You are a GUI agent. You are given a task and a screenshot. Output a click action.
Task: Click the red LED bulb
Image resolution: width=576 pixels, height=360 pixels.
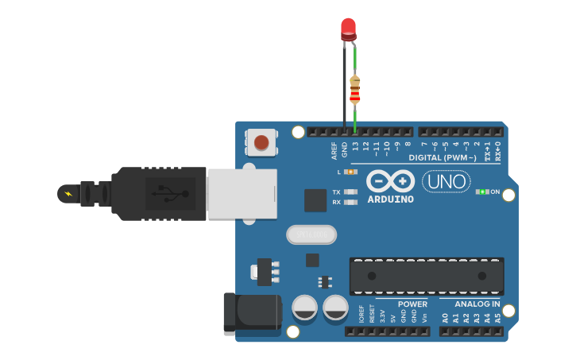coord(348,28)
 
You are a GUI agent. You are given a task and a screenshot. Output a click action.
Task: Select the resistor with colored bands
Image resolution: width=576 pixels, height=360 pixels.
coord(354,89)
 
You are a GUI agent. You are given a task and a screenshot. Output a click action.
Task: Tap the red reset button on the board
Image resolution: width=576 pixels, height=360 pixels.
coord(261,143)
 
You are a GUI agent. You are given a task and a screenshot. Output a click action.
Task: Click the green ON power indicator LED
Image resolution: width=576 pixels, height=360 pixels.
coord(481,192)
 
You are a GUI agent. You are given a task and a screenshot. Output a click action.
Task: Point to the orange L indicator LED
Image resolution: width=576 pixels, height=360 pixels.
coord(350,172)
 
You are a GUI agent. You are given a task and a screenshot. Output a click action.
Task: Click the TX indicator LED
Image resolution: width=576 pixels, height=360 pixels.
coord(350,192)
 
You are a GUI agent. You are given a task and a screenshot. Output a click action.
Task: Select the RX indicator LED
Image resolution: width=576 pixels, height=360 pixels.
coord(350,202)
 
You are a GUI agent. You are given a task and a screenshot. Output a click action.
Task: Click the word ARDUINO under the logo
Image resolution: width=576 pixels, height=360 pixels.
coord(391,199)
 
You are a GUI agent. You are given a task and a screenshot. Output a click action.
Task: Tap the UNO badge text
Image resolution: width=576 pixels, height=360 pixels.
coord(446,182)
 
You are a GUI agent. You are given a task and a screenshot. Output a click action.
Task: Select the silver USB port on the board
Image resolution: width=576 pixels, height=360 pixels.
coord(242,193)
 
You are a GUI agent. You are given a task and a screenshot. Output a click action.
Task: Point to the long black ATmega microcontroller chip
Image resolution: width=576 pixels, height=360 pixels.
coord(427,276)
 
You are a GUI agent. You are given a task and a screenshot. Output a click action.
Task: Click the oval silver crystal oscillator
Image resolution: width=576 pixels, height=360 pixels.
coord(311,234)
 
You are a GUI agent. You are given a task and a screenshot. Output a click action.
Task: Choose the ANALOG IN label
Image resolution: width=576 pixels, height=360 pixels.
coord(477,304)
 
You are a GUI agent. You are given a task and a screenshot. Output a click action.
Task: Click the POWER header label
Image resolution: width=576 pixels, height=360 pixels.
coord(412,304)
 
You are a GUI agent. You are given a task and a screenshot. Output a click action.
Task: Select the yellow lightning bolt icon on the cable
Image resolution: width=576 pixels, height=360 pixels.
coord(68,193)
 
